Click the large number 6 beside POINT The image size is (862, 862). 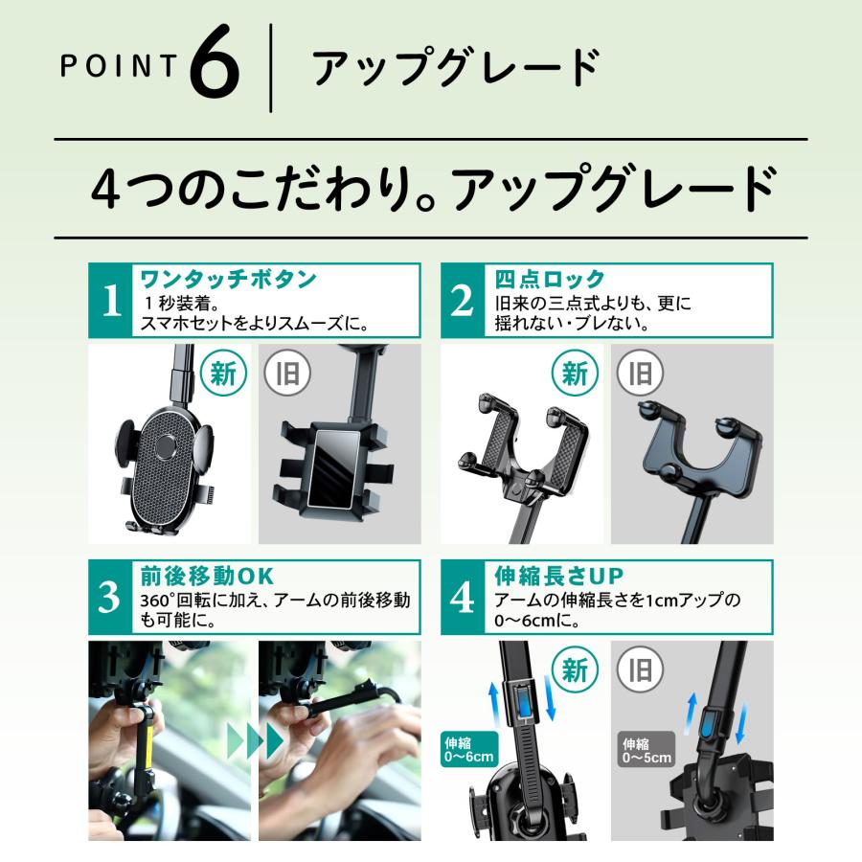tap(214, 70)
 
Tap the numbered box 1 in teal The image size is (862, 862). tap(111, 301)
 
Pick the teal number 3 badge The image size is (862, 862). tap(111, 598)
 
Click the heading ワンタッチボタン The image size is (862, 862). tap(228, 280)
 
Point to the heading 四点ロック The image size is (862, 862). tap(550, 280)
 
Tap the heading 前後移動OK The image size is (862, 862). tap(207, 577)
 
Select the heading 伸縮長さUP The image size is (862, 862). tap(559, 577)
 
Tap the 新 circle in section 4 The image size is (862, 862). tap(574, 670)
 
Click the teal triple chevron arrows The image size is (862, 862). tap(255, 740)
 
